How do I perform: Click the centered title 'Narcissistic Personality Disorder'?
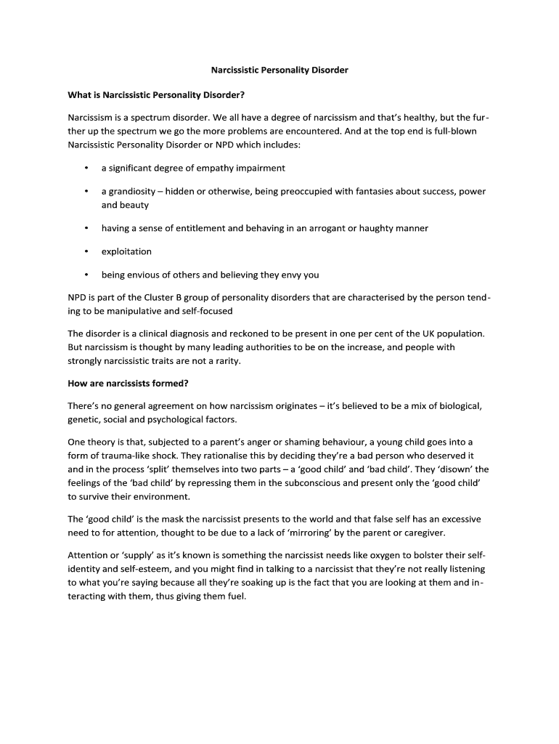click(x=279, y=70)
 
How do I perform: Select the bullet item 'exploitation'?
click(x=126, y=251)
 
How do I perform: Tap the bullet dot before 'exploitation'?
click(x=86, y=251)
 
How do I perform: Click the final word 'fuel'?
click(x=235, y=597)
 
